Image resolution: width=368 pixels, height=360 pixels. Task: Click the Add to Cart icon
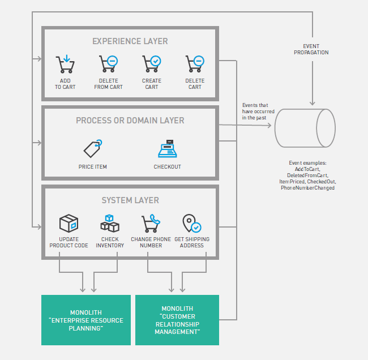click(65, 64)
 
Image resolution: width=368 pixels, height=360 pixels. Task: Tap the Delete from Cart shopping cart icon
click(108, 64)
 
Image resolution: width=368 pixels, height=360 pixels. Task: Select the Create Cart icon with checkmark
click(151, 64)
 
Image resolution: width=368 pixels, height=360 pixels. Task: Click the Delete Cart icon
click(195, 64)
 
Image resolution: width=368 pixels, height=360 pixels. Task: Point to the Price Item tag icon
click(93, 148)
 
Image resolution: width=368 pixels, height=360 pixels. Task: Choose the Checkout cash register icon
click(168, 149)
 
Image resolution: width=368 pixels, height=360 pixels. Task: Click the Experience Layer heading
click(130, 41)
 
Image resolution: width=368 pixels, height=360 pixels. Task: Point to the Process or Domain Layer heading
click(130, 121)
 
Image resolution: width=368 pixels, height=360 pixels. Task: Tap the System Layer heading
click(130, 200)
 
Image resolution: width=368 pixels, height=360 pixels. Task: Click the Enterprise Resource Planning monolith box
click(86, 320)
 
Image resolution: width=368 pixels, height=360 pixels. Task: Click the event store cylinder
click(305, 128)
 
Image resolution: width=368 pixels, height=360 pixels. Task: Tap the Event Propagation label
click(311, 49)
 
